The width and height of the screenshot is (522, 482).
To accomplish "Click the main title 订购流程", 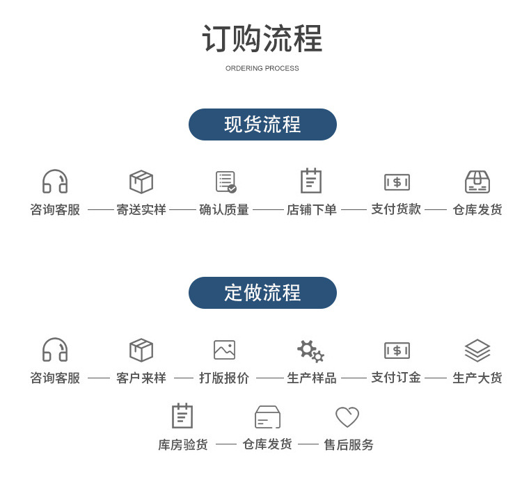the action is (262, 39).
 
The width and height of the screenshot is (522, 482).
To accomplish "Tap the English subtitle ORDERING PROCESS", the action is (262, 68).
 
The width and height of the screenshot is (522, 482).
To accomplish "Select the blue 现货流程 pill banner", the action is (262, 124).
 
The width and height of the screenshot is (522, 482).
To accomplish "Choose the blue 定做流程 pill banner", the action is (262, 293).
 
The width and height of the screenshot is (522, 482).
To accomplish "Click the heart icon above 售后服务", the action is (347, 417).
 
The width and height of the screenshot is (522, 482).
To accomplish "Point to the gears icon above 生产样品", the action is (310, 351).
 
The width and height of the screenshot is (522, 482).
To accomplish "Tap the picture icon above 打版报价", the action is (224, 350).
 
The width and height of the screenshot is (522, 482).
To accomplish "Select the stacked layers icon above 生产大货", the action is (477, 350).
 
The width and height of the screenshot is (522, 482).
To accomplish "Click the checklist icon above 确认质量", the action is (226, 182).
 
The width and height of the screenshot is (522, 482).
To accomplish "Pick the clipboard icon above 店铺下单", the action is (310, 181).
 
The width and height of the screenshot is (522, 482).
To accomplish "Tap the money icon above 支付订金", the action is (397, 351).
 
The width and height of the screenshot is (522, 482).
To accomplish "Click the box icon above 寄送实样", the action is (141, 182).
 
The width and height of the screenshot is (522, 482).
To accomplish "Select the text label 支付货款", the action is (396, 209).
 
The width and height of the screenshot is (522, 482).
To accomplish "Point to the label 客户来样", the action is (141, 378).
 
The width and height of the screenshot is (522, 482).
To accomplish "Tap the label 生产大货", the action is (477, 378).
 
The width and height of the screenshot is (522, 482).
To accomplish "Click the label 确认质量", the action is (224, 209).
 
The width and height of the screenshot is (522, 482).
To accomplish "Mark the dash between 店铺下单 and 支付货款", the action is (354, 209).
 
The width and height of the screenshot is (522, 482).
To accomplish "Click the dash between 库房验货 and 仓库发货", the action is (226, 444).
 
